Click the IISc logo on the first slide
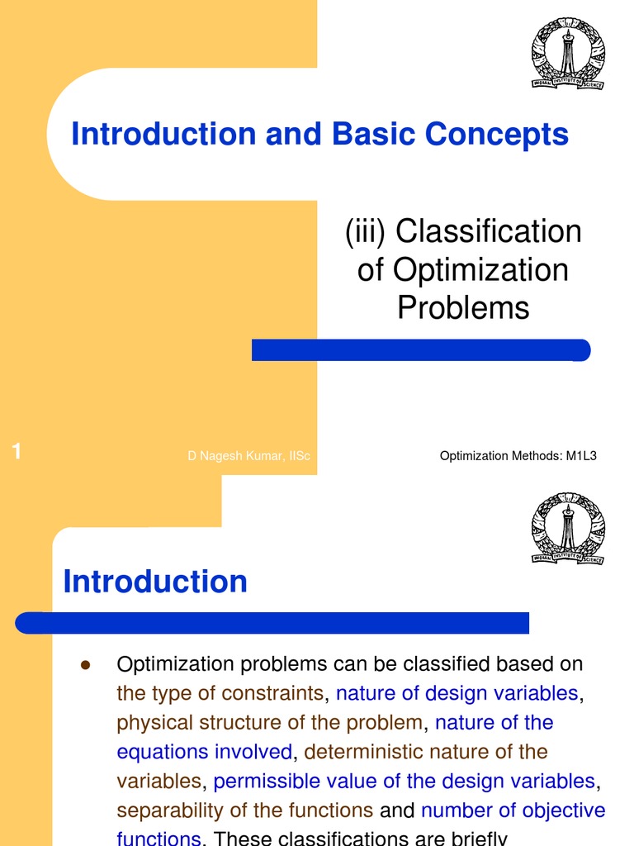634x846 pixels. pyautogui.click(x=567, y=55)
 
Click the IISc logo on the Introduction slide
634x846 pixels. pyautogui.click(x=567, y=529)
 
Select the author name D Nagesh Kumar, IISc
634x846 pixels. pyautogui.click(x=248, y=457)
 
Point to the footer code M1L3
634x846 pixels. pyautogui.click(x=580, y=457)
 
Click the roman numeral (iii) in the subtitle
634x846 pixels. pyautogui.click(x=366, y=232)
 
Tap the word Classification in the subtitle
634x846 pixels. pyautogui.click(x=489, y=232)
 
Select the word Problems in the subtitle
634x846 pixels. pyautogui.click(x=462, y=307)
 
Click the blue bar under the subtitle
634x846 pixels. pyautogui.click(x=421, y=350)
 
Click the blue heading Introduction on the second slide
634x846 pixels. pyautogui.click(x=155, y=582)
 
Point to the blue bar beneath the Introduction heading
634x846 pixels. pyautogui.click(x=272, y=622)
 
